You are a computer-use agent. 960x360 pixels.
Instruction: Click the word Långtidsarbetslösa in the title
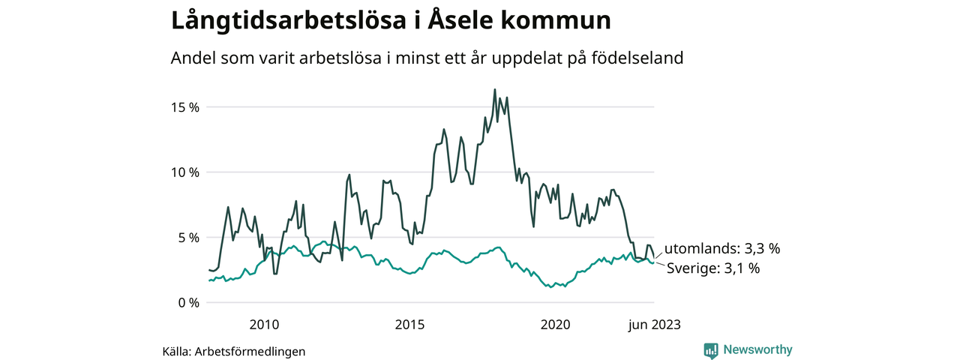282,22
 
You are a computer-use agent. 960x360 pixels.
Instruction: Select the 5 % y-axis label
188,238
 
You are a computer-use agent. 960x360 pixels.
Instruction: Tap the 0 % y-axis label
188,303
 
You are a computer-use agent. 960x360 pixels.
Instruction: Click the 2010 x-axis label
264,325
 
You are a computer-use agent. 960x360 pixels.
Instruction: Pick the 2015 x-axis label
409,325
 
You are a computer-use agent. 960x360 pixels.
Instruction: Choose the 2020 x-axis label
555,325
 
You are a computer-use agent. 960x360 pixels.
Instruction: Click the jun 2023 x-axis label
654,325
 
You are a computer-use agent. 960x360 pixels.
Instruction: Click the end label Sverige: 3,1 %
713,268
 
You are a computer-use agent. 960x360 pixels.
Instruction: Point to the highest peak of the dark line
495,90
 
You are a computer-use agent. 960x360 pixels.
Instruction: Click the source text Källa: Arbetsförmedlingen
234,351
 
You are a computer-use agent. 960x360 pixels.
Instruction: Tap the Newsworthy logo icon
711,350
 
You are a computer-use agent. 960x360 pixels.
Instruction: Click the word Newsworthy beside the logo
757,349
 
